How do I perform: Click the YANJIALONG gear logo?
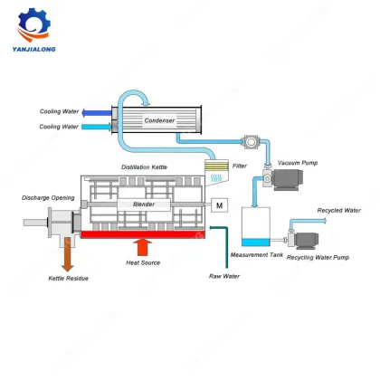coord(45,27)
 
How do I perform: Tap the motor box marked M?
coord(220,206)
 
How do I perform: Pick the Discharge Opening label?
coord(36,197)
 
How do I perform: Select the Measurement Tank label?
coord(258,256)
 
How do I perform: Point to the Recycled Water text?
coord(338,210)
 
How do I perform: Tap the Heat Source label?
coord(144,263)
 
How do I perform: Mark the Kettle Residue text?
coord(68,279)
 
